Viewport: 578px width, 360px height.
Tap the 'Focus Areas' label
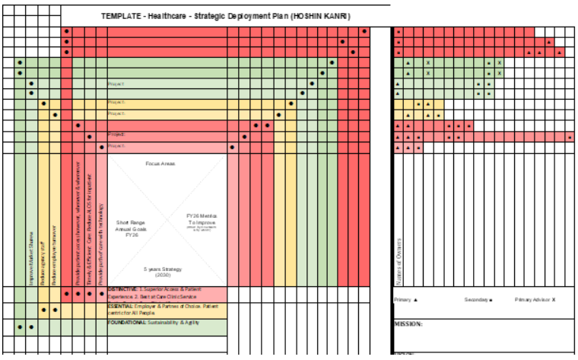(x=160, y=164)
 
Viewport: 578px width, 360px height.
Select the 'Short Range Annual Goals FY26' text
(x=131, y=228)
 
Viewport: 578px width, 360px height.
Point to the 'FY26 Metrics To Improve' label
(x=202, y=220)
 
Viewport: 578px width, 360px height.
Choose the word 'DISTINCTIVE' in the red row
(x=122, y=289)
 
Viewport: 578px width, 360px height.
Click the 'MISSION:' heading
(x=408, y=323)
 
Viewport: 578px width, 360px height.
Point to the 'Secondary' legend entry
(x=478, y=300)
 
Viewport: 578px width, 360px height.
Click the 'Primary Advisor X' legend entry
(x=535, y=300)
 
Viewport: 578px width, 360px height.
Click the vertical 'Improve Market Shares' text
(x=32, y=259)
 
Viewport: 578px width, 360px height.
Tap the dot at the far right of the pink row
(x=570, y=137)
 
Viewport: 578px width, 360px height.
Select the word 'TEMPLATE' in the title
(x=119, y=16)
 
